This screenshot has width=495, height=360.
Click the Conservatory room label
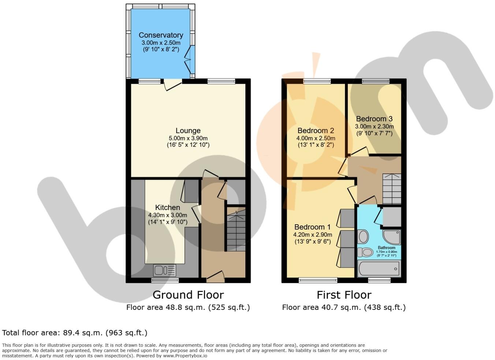[x=161, y=35]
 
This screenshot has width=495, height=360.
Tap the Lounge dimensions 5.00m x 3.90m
[x=188, y=138]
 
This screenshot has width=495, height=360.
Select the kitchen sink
[x=165, y=270]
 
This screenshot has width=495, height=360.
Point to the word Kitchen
[x=168, y=207]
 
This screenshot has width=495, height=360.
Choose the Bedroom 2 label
[x=316, y=131]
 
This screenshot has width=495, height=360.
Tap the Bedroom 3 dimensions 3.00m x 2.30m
[x=374, y=127]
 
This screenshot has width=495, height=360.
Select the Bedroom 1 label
[x=312, y=227]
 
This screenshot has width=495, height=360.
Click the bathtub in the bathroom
[x=379, y=269]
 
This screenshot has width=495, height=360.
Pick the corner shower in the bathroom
[x=392, y=237]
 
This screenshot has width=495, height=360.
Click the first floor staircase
[x=392, y=189]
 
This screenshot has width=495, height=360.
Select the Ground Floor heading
[x=188, y=295]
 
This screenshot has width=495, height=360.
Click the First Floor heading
[x=344, y=295]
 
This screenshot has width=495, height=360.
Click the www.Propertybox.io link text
[x=185, y=356]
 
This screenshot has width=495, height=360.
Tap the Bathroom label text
[x=387, y=248]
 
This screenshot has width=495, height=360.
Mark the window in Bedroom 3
[x=375, y=82]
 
